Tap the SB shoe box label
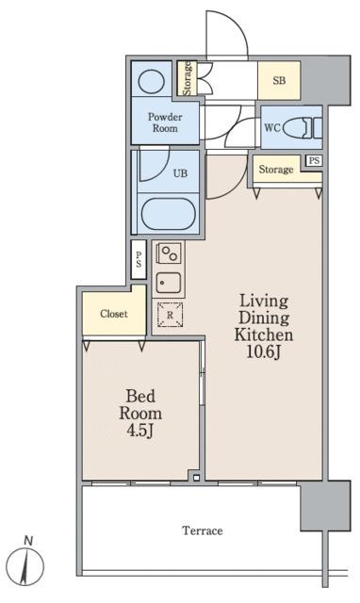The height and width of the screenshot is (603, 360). click(x=279, y=80)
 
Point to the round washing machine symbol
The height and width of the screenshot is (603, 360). click(x=151, y=81)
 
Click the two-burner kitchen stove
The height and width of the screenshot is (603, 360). click(x=169, y=253)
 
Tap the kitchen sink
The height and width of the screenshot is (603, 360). click(x=169, y=283)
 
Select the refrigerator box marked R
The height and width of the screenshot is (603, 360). click(x=170, y=315)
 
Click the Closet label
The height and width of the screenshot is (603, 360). click(x=114, y=314)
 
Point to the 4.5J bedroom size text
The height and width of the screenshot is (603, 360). click(x=140, y=431)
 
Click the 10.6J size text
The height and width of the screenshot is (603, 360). click(x=263, y=351)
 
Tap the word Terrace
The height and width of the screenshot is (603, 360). click(x=203, y=531)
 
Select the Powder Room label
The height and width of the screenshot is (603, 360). click(x=165, y=122)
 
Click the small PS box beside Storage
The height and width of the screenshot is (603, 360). click(x=314, y=160)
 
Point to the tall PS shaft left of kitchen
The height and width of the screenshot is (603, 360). click(x=139, y=259)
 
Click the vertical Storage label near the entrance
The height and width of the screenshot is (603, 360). click(x=187, y=77)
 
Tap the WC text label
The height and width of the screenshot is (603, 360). click(x=272, y=127)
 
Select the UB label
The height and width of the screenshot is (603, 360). click(x=180, y=173)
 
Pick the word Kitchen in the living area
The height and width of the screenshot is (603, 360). click(x=264, y=334)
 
